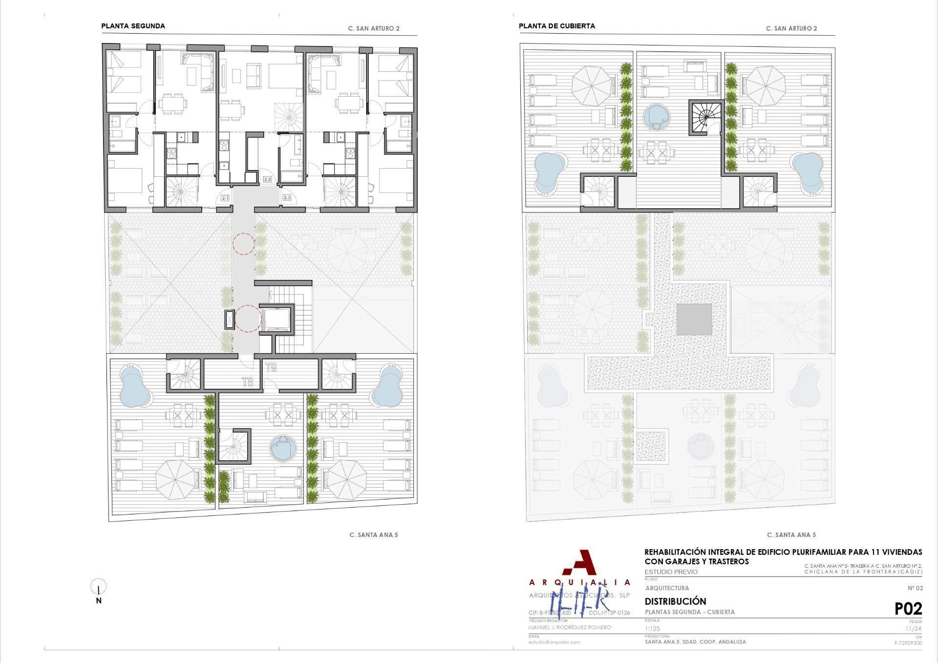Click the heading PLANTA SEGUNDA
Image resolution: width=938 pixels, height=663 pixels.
click(x=133, y=26)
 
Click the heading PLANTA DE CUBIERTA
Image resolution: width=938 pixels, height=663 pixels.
click(x=556, y=26)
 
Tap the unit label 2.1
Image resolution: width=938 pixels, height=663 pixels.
click(x=225, y=198)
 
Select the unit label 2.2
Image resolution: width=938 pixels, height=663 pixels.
click(x=267, y=179)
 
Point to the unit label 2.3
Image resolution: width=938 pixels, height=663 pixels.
click(x=287, y=198)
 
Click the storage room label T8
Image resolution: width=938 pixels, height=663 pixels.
click(x=248, y=382)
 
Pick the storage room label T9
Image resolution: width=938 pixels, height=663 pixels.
click(x=271, y=367)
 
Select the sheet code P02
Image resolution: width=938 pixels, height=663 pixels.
click(x=908, y=609)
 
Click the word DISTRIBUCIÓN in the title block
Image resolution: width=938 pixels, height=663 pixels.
click(x=675, y=601)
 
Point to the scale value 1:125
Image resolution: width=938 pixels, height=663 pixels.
click(x=652, y=629)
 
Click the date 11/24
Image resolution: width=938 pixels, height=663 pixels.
click(x=913, y=629)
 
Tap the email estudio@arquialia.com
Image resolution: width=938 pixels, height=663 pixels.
click(x=554, y=642)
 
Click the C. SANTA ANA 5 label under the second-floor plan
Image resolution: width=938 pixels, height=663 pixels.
click(x=374, y=535)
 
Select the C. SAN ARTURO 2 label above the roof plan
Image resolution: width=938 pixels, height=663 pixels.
click(x=791, y=28)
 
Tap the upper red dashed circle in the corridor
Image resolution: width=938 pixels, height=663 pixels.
click(x=243, y=243)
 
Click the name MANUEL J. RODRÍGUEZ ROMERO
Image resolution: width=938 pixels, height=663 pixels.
click(x=570, y=627)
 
